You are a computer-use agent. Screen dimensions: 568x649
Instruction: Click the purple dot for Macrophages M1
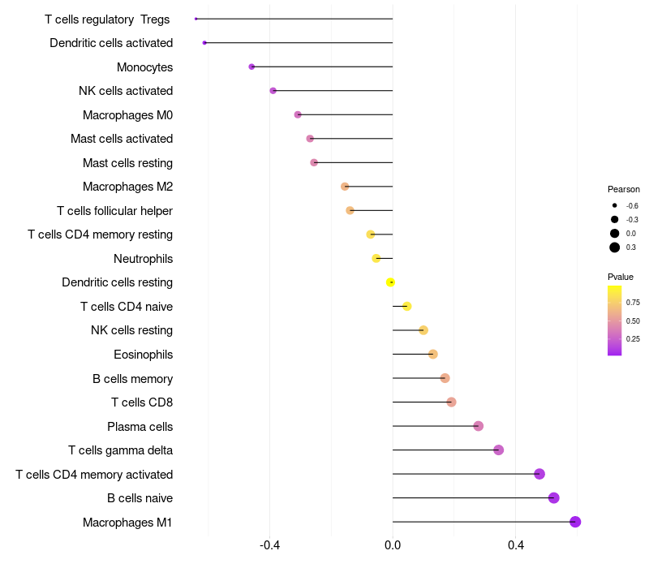pyautogui.click(x=575, y=522)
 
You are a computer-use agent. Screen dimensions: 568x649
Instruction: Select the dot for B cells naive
pyautogui.click(x=554, y=498)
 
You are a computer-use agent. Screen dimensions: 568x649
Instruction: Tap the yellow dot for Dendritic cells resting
pyautogui.click(x=391, y=282)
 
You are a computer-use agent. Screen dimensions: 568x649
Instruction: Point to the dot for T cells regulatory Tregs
pyautogui.click(x=196, y=19)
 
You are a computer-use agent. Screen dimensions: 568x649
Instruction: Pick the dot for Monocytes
pyautogui.click(x=251, y=67)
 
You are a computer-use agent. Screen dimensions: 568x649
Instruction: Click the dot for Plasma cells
pyautogui.click(x=479, y=426)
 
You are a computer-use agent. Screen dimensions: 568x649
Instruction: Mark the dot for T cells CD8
pyautogui.click(x=452, y=402)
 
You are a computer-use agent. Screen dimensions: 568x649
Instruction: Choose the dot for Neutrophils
pyautogui.click(x=376, y=258)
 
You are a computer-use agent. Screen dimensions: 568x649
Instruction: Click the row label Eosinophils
pyautogui.click(x=143, y=355)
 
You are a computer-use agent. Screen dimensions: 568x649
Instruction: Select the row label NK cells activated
pyautogui.click(x=126, y=91)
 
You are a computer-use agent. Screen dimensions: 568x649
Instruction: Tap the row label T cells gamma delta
pyautogui.click(x=120, y=450)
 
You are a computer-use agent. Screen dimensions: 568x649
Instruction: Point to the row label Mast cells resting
pyautogui.click(x=127, y=163)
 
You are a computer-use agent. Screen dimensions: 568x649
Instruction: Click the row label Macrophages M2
pyautogui.click(x=127, y=187)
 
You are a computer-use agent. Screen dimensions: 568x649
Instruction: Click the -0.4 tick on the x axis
pyautogui.click(x=270, y=546)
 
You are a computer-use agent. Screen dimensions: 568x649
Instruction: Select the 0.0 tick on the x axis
pyautogui.click(x=393, y=546)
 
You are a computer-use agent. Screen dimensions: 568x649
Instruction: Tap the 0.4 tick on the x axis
pyautogui.click(x=516, y=546)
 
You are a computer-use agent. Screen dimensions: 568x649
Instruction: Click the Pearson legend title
pyautogui.click(x=624, y=189)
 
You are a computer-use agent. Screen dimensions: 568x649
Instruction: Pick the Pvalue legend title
pyautogui.click(x=621, y=277)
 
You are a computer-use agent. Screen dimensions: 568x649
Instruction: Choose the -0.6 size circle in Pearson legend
pyautogui.click(x=615, y=206)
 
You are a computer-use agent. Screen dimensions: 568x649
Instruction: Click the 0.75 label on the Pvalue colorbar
pyautogui.click(x=633, y=303)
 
